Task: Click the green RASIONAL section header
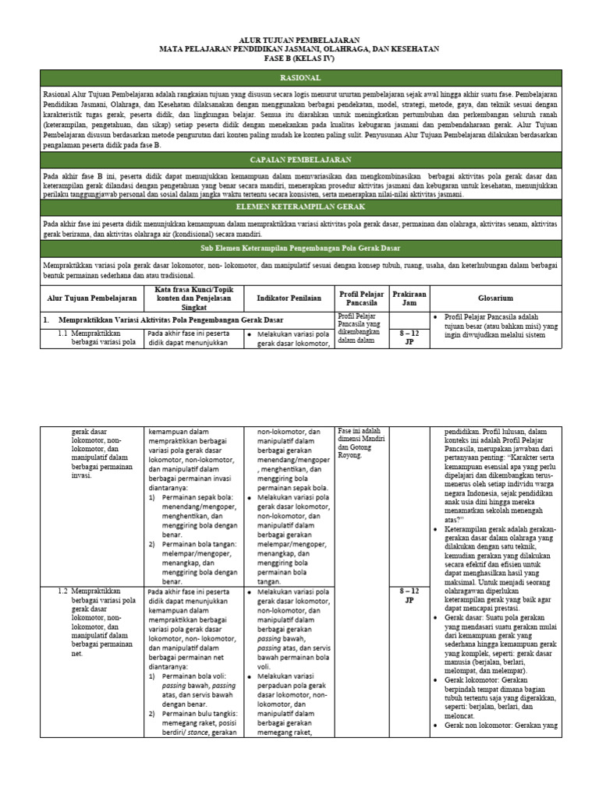299,79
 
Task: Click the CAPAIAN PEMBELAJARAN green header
299,158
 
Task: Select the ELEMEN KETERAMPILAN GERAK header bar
299,207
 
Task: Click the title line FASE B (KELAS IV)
299,58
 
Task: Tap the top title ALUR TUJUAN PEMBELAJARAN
299,39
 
